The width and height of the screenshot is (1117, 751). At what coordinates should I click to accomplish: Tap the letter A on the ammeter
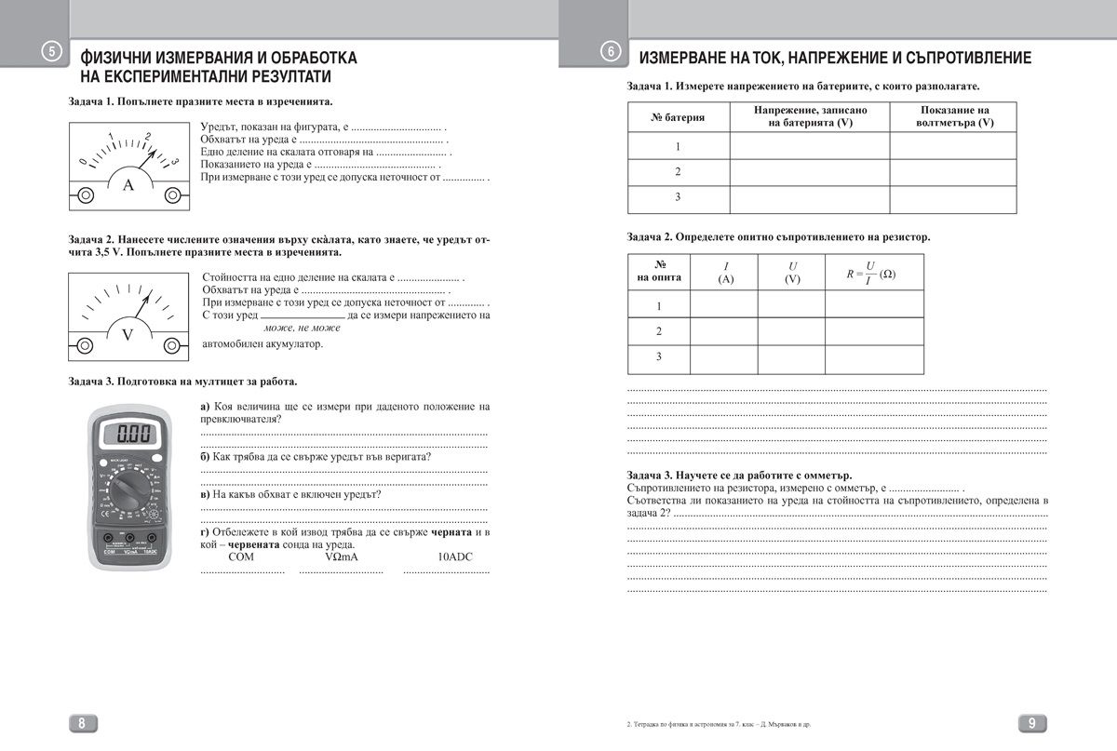coord(129,185)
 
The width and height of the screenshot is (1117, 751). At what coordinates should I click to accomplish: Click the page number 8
coord(82,723)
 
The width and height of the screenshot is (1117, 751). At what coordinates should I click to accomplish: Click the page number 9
coord(1032,723)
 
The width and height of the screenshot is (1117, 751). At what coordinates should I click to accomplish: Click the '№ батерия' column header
coord(678,117)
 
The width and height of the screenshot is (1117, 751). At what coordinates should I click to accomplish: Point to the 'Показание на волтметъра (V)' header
coord(953,116)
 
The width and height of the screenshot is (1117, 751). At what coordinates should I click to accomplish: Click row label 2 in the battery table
coord(678,172)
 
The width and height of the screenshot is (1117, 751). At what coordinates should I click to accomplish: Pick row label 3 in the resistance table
coord(659,356)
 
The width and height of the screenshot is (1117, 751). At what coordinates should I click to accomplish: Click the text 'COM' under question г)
coord(241,557)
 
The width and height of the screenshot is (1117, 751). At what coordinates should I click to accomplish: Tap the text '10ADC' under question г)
coord(456,557)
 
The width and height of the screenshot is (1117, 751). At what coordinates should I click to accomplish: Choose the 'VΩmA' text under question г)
coord(341,557)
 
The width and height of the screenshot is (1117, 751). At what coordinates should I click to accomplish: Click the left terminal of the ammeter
coord(86,194)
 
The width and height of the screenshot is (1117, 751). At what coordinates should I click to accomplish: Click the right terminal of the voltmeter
coord(172,344)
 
